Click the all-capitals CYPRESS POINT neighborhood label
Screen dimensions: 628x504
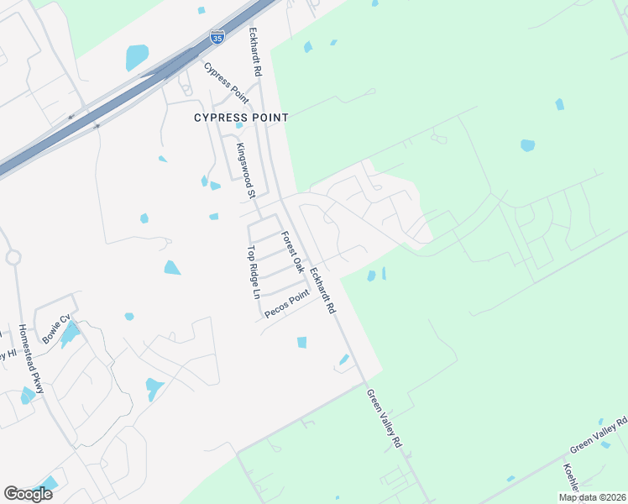coord(241,118)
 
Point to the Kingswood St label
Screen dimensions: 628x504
coord(244,170)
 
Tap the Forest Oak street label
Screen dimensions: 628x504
coord(292,252)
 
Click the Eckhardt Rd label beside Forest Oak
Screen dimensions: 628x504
coord(322,291)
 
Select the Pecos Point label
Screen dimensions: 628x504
coord(287,303)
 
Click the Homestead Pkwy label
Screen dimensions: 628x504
coord(31,360)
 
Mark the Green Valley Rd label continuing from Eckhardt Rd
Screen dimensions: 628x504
coord(384,417)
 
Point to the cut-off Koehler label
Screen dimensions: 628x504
coord(571,476)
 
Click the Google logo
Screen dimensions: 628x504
coord(28,494)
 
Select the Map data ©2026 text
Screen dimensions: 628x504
coord(591,497)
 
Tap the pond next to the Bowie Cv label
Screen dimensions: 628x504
coord(70,334)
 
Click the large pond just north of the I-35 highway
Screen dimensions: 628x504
coord(137,57)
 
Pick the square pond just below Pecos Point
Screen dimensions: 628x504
coord(301,342)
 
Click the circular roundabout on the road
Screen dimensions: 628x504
coord(13,257)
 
